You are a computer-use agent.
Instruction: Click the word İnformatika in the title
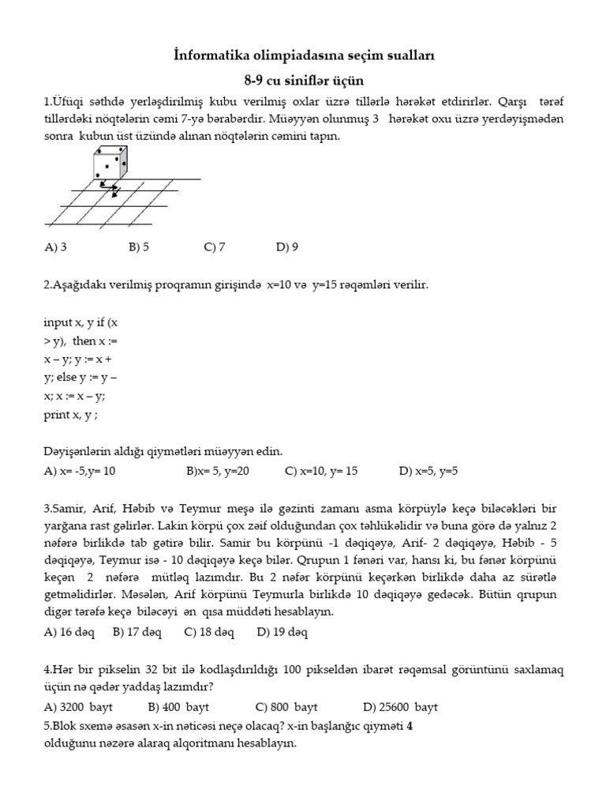tap(209, 56)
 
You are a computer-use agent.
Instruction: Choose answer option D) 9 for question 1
tap(287, 246)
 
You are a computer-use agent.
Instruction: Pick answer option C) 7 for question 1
tap(215, 246)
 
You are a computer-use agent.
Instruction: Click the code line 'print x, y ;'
tap(71, 414)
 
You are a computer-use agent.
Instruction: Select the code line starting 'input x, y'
tap(80, 323)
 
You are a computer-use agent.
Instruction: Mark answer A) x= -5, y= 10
tap(80, 472)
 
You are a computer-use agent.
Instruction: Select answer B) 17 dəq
tap(137, 632)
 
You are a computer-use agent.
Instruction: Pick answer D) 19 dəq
tap(282, 632)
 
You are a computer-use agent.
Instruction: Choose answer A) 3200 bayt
tap(79, 706)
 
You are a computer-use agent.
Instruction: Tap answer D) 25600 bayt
tap(400, 706)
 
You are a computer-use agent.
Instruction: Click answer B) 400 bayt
tap(178, 706)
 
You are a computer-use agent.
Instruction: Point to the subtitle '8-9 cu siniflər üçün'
tap(304, 81)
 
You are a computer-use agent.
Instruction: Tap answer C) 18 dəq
tap(209, 632)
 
